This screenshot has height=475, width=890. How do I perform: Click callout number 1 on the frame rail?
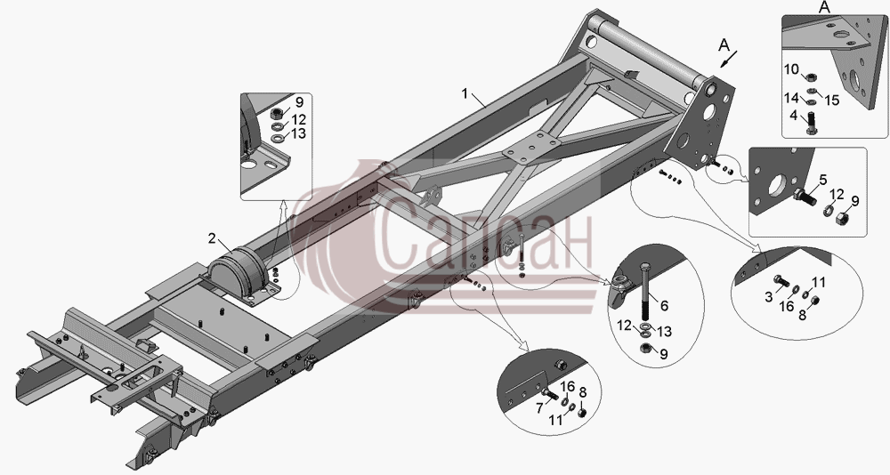[465, 93]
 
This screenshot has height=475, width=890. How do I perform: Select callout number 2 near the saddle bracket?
[212, 239]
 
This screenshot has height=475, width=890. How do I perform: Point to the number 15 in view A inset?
[831, 101]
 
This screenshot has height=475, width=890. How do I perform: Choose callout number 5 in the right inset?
[823, 181]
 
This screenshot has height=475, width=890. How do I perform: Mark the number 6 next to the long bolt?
[664, 306]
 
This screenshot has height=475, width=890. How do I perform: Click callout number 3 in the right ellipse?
[769, 296]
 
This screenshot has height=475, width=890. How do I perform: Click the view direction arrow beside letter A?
[728, 59]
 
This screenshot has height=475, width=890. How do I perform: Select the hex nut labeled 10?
[811, 76]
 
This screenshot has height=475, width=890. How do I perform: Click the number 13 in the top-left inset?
[297, 134]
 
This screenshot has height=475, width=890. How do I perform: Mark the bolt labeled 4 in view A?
[811, 123]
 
